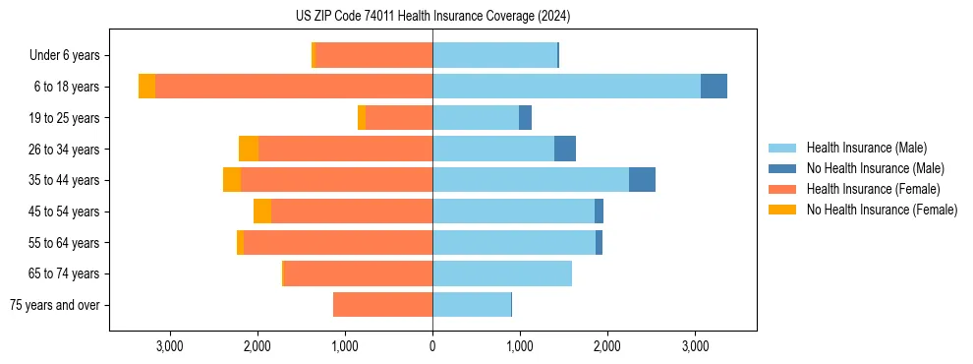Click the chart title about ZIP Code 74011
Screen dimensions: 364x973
(432, 17)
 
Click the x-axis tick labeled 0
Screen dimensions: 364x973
(432, 346)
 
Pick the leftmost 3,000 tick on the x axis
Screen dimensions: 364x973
(170, 346)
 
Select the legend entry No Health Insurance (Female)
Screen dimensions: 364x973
(882, 210)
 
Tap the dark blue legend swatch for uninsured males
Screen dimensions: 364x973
(783, 168)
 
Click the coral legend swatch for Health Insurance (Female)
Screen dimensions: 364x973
(783, 189)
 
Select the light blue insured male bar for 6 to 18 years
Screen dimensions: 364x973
(566, 87)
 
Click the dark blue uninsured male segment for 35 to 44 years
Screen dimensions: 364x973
(642, 180)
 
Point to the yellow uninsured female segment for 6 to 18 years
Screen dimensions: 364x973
(146, 87)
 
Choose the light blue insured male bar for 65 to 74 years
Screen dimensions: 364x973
(502, 273)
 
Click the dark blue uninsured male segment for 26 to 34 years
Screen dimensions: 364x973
(565, 149)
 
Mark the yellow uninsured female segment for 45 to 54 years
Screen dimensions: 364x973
(262, 212)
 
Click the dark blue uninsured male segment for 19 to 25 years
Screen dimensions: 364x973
(525, 118)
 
